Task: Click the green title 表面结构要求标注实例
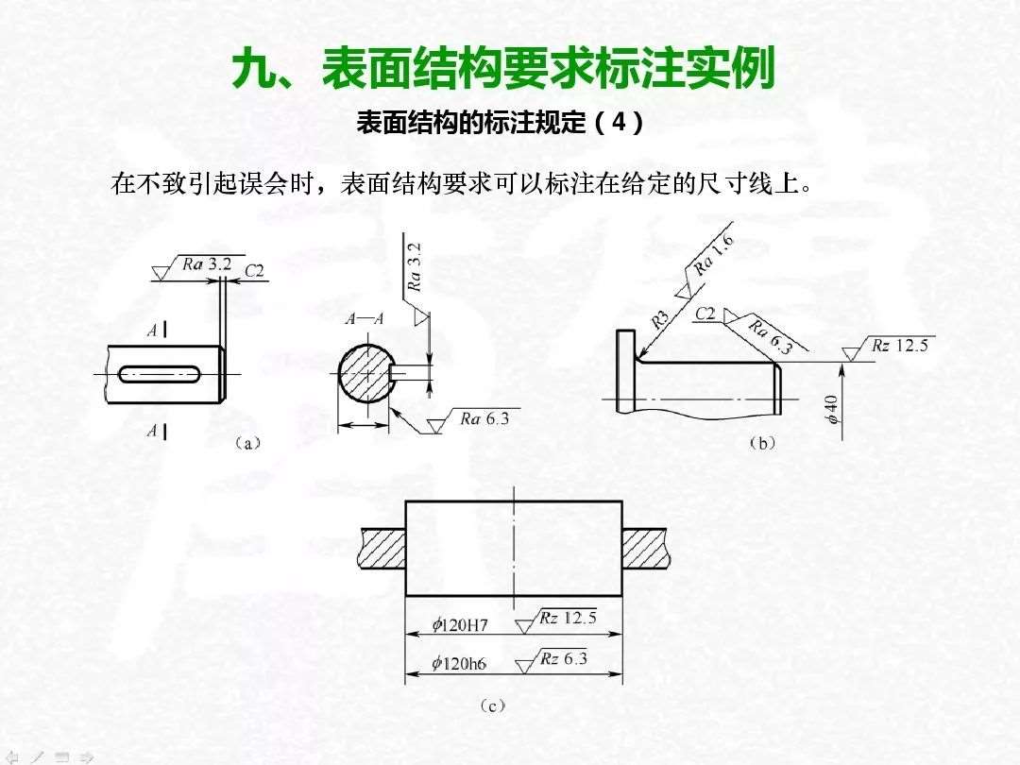click(549, 68)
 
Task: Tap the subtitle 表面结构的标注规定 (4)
click(500, 122)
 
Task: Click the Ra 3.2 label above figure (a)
click(207, 264)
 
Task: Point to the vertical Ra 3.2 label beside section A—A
click(414, 266)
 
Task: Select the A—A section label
click(365, 319)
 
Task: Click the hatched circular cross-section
click(365, 374)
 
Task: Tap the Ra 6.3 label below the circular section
click(484, 418)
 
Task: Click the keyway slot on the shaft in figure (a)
click(160, 373)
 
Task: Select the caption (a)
click(246, 444)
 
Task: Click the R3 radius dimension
click(659, 319)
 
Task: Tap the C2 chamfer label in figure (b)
click(705, 314)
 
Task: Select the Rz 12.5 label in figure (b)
click(900, 345)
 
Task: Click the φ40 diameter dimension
click(832, 410)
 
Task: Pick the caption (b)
click(763, 444)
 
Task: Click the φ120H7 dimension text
click(459, 625)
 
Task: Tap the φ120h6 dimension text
click(459, 664)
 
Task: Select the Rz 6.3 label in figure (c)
click(563, 659)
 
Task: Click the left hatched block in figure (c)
click(382, 550)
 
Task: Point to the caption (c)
click(492, 706)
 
